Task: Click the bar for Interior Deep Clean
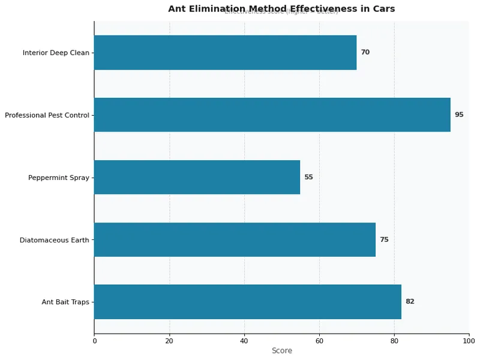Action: pyautogui.click(x=225, y=52)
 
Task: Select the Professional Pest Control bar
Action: pyautogui.click(x=272, y=115)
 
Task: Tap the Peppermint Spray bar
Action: pyautogui.click(x=197, y=177)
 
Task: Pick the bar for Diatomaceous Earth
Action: pyautogui.click(x=235, y=239)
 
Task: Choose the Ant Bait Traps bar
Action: pyautogui.click(x=247, y=302)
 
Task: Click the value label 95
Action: pyautogui.click(x=459, y=115)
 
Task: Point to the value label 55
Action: pyautogui.click(x=308, y=177)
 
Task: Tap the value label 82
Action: pyautogui.click(x=410, y=302)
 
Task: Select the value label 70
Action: pyautogui.click(x=365, y=52)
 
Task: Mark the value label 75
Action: pyautogui.click(x=384, y=239)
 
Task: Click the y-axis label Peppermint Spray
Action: pyautogui.click(x=58, y=178)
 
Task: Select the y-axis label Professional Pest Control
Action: pyautogui.click(x=47, y=115)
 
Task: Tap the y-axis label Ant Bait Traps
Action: pyautogui.click(x=65, y=302)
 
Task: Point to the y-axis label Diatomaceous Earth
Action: pyautogui.click(x=54, y=240)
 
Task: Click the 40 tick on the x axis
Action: pyautogui.click(x=244, y=341)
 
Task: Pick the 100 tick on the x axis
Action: pyautogui.click(x=469, y=341)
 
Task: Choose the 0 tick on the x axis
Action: pyautogui.click(x=94, y=341)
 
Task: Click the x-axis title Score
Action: pyautogui.click(x=281, y=350)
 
